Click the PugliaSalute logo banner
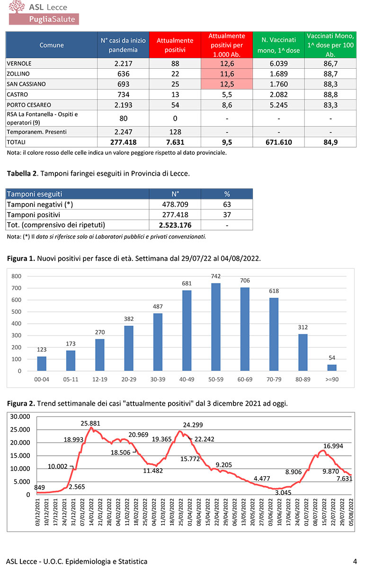point(45,18)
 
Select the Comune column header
point(52,45)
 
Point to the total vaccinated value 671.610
point(279,142)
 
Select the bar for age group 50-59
point(216,327)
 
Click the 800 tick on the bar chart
point(17,276)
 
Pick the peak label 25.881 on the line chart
point(90,423)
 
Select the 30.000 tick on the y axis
point(20,417)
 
